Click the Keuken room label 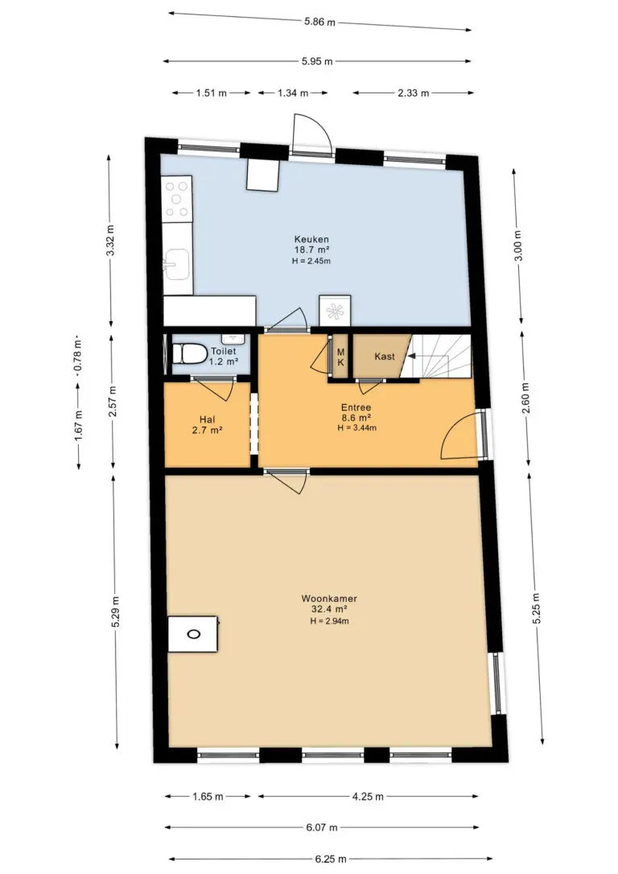click(311, 240)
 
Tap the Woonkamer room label click(329, 599)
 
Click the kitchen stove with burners click(177, 200)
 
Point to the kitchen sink click(176, 264)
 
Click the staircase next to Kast click(440, 357)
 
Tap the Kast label click(385, 357)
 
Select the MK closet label click(340, 357)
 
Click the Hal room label click(208, 420)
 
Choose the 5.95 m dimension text click(317, 61)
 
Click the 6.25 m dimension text click(331, 859)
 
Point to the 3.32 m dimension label click(110, 241)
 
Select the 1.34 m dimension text click(293, 93)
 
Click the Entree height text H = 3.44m click(356, 428)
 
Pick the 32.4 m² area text click(329, 609)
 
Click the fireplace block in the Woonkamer click(193, 633)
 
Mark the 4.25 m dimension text click(368, 797)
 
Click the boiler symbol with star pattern click(335, 311)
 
